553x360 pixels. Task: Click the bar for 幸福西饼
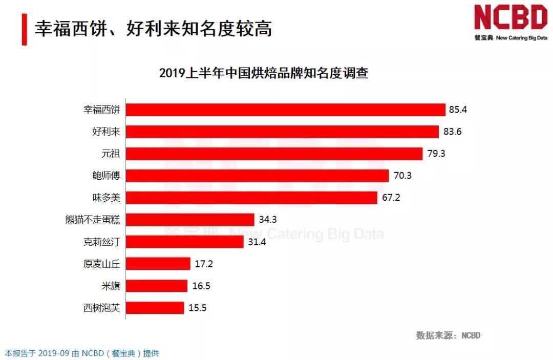point(285,110)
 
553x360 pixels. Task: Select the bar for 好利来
point(282,132)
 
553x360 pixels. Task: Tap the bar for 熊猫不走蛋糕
point(190,220)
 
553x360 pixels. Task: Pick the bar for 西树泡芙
point(155,308)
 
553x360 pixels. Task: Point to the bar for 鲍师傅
point(257,176)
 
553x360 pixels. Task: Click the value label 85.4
point(458,110)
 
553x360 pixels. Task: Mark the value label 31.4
point(257,242)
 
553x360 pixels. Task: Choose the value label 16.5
point(201,286)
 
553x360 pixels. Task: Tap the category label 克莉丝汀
point(101,242)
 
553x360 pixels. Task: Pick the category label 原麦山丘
point(101,264)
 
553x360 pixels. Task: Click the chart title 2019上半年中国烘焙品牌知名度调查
point(264,73)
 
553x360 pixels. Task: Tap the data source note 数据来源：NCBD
point(448,335)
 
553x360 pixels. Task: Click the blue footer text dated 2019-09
point(82,353)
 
